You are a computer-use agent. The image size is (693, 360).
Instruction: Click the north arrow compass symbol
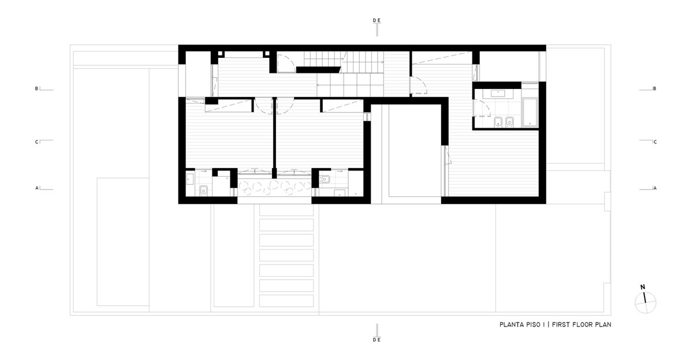646,302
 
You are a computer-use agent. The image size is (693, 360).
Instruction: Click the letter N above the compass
643,287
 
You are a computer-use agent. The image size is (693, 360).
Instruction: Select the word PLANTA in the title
509,325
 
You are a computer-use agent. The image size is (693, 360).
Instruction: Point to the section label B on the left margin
36,88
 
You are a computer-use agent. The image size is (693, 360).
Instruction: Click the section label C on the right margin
655,142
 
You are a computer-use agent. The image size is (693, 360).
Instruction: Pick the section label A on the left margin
37,188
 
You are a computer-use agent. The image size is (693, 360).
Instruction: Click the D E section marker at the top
377,20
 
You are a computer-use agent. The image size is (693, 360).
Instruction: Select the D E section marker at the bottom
377,340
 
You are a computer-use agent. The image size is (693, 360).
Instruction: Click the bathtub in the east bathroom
530,112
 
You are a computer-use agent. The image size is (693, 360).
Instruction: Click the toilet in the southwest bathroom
203,191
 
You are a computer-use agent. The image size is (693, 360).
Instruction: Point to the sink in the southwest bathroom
190,179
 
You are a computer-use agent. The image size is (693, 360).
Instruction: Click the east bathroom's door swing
482,108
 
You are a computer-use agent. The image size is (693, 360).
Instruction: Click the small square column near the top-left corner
220,54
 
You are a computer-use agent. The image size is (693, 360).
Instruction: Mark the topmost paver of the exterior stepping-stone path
286,210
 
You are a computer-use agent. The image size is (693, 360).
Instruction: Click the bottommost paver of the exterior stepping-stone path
286,301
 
